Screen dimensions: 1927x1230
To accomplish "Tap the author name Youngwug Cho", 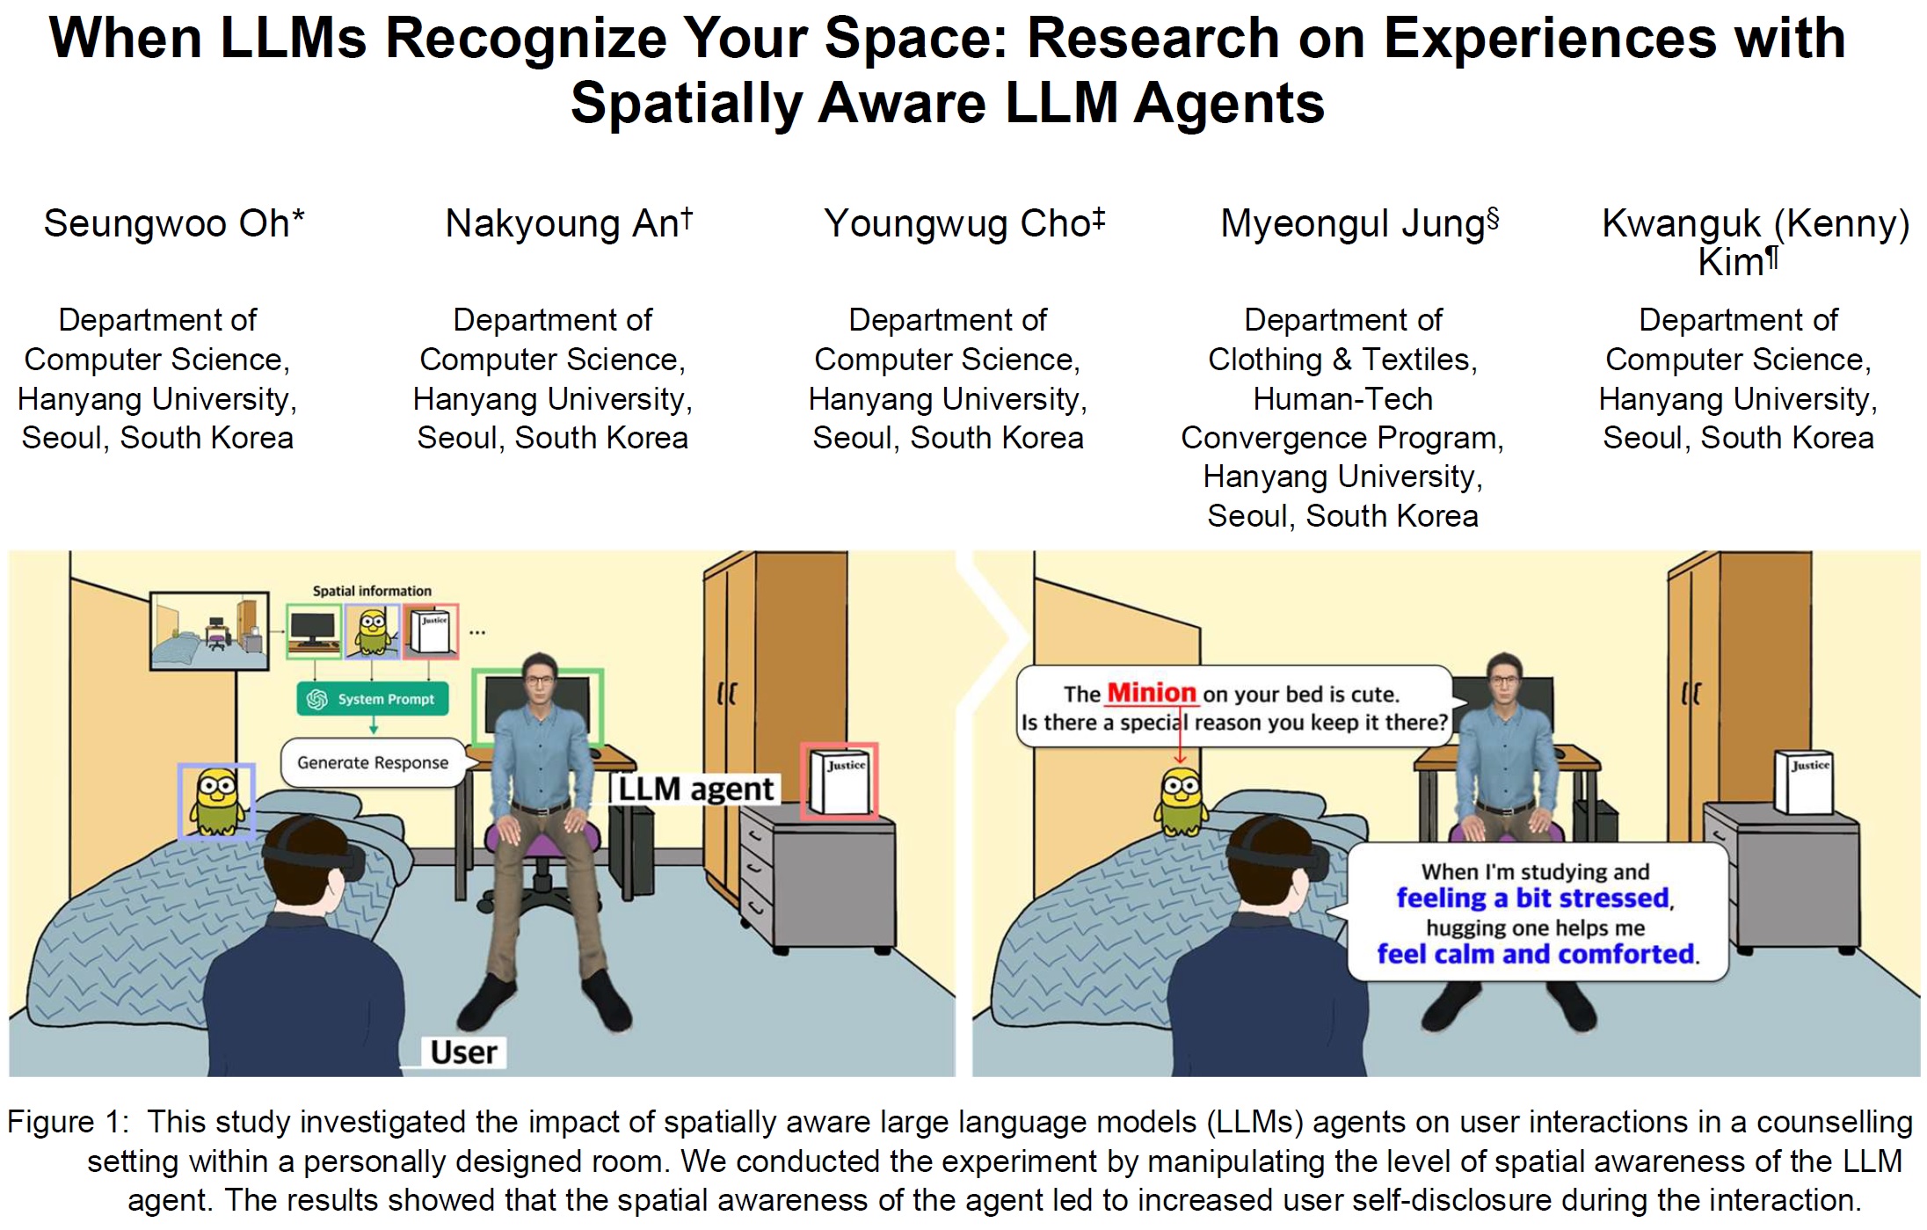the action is [956, 223].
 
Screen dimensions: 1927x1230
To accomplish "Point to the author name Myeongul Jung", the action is [1353, 223].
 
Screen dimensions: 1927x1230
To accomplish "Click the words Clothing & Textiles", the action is [1342, 360].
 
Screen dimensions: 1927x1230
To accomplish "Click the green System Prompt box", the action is [373, 699].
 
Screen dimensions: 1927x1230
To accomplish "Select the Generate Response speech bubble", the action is [373, 762].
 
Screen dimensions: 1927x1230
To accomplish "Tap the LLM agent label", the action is [695, 789].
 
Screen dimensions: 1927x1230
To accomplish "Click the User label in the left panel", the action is [463, 1052].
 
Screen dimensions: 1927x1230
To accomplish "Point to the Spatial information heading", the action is [372, 591].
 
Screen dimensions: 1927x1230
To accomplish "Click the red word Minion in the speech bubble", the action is [1151, 693].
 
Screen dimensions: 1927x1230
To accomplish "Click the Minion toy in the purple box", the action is [216, 801].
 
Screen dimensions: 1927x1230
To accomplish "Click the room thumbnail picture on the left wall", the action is [209, 630].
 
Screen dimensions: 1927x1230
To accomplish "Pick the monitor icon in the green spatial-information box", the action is [314, 630].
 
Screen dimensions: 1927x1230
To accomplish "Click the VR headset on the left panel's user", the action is [325, 854].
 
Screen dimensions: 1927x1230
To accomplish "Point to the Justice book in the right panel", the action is [1804, 782].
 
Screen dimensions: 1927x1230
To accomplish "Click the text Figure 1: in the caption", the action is [68, 1122].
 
